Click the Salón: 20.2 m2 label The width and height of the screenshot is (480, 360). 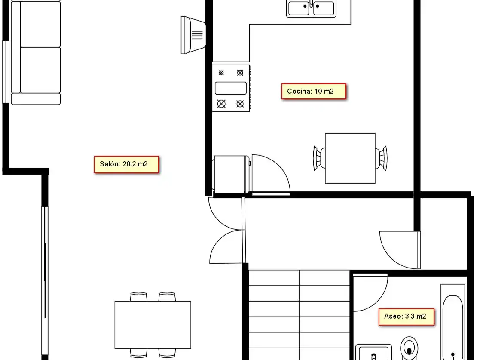tap(126, 165)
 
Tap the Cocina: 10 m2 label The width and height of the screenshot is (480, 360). tap(314, 91)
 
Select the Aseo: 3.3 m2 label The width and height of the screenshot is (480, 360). tap(407, 317)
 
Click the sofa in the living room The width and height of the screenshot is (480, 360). tap(36, 53)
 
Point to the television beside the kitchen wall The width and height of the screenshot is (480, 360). tap(193, 35)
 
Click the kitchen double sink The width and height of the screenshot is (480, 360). tap(311, 8)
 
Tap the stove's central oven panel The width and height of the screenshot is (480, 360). tap(231, 88)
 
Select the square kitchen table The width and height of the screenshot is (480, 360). tap(350, 158)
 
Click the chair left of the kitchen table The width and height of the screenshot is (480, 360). tap(319, 158)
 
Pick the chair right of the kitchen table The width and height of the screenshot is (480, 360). tap(382, 158)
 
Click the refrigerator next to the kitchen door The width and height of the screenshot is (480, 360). tap(232, 174)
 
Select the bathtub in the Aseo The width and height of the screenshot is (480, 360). tap(453, 322)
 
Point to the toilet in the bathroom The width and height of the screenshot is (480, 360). tap(409, 348)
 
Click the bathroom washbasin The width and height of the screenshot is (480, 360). tap(374, 352)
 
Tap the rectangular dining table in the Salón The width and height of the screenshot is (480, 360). tap(153, 325)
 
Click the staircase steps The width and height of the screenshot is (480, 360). tap(299, 315)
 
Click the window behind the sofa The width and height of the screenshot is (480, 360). tap(6, 72)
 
